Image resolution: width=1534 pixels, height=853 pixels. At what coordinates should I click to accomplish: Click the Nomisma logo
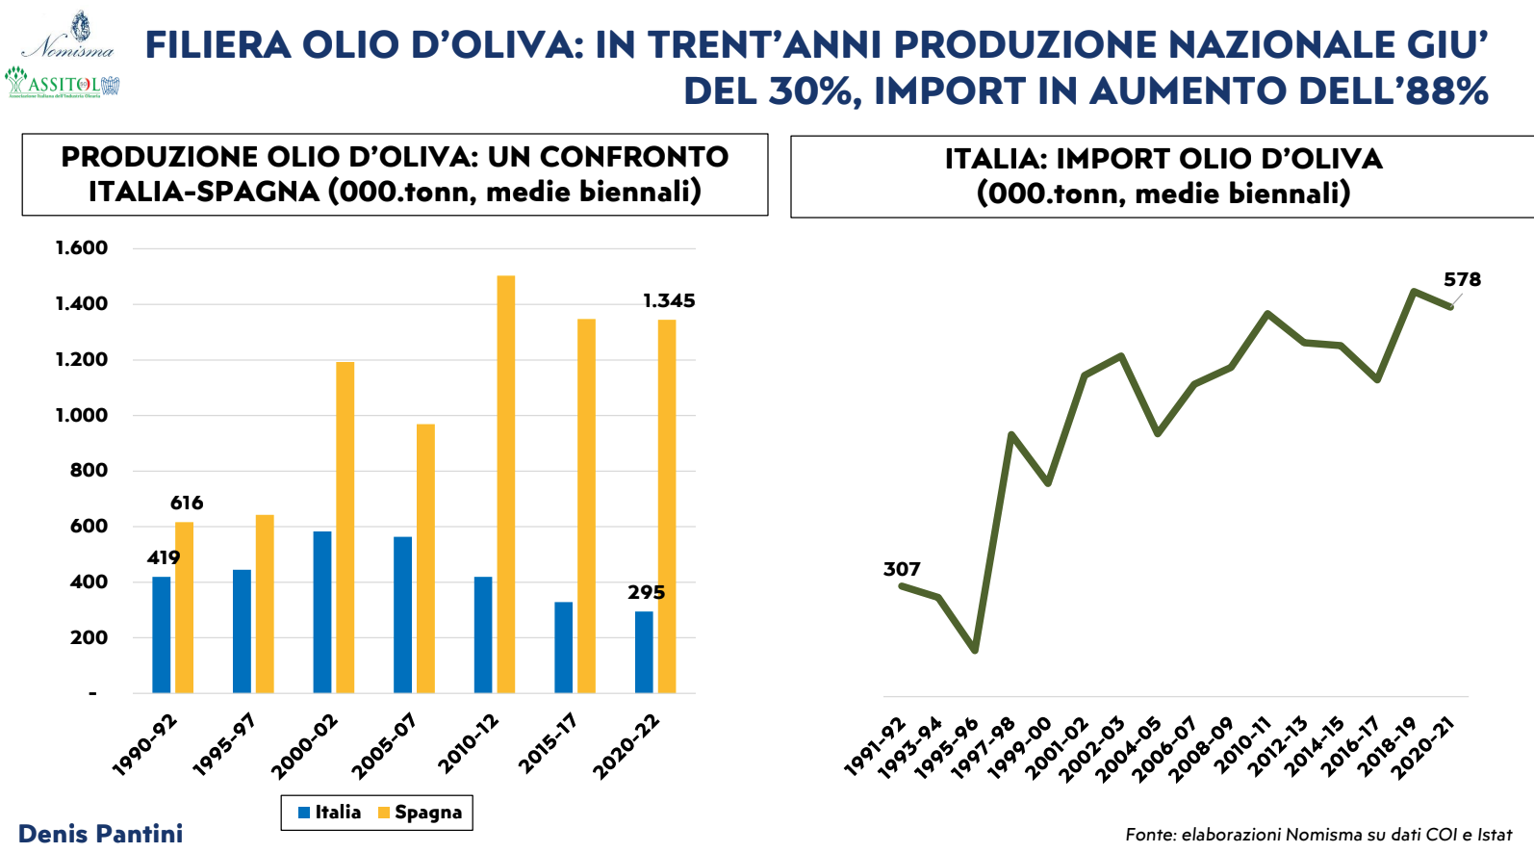coord(69,37)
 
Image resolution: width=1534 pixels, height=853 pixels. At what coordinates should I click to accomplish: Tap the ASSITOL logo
coord(62,83)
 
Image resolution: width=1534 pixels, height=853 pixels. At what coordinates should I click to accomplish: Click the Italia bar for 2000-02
coord(322,612)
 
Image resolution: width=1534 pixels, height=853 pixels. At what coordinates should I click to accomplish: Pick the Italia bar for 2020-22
coord(644,652)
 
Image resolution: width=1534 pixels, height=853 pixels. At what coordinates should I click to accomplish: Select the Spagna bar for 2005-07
coord(425,558)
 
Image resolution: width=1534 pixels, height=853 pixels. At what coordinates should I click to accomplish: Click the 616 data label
coord(187,503)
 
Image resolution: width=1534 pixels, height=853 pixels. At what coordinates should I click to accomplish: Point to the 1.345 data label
coord(669,300)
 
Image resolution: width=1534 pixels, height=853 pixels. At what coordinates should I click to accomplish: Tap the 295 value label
coord(646,592)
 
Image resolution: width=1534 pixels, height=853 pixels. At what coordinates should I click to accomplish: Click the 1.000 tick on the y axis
coord(82,415)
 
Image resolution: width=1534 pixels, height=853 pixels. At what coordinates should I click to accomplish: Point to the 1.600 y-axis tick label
coord(82,247)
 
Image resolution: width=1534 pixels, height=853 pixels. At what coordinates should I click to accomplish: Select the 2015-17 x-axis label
coord(548,742)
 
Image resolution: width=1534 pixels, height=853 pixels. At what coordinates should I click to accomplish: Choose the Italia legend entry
coord(329,813)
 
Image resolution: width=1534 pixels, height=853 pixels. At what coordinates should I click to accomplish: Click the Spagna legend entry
coord(420,813)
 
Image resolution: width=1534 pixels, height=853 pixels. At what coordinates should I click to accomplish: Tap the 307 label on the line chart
coord(902,569)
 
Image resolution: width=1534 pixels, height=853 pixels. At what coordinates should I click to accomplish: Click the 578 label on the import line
coord(1462,279)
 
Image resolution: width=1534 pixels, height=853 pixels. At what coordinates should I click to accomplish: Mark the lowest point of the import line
coord(975,651)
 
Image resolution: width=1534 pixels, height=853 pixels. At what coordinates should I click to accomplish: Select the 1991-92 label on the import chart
coord(875,746)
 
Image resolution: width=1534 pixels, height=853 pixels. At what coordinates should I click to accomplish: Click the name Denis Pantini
coord(100,834)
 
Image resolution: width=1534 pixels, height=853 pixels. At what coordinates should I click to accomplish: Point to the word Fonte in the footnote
coord(1149,835)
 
